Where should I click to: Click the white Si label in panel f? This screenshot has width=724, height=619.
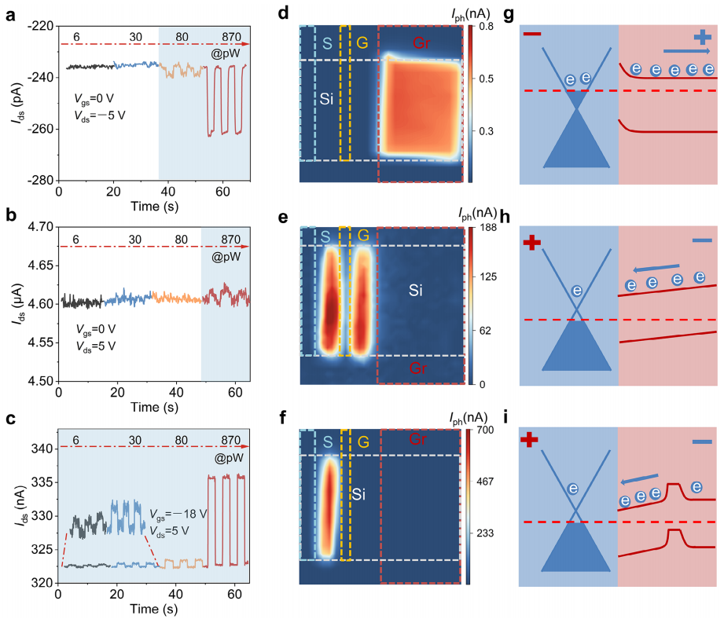click(x=359, y=473)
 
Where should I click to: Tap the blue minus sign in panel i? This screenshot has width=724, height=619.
click(x=702, y=444)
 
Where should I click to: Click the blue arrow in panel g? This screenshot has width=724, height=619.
click(x=681, y=52)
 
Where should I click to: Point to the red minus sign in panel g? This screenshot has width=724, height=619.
click(x=531, y=35)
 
